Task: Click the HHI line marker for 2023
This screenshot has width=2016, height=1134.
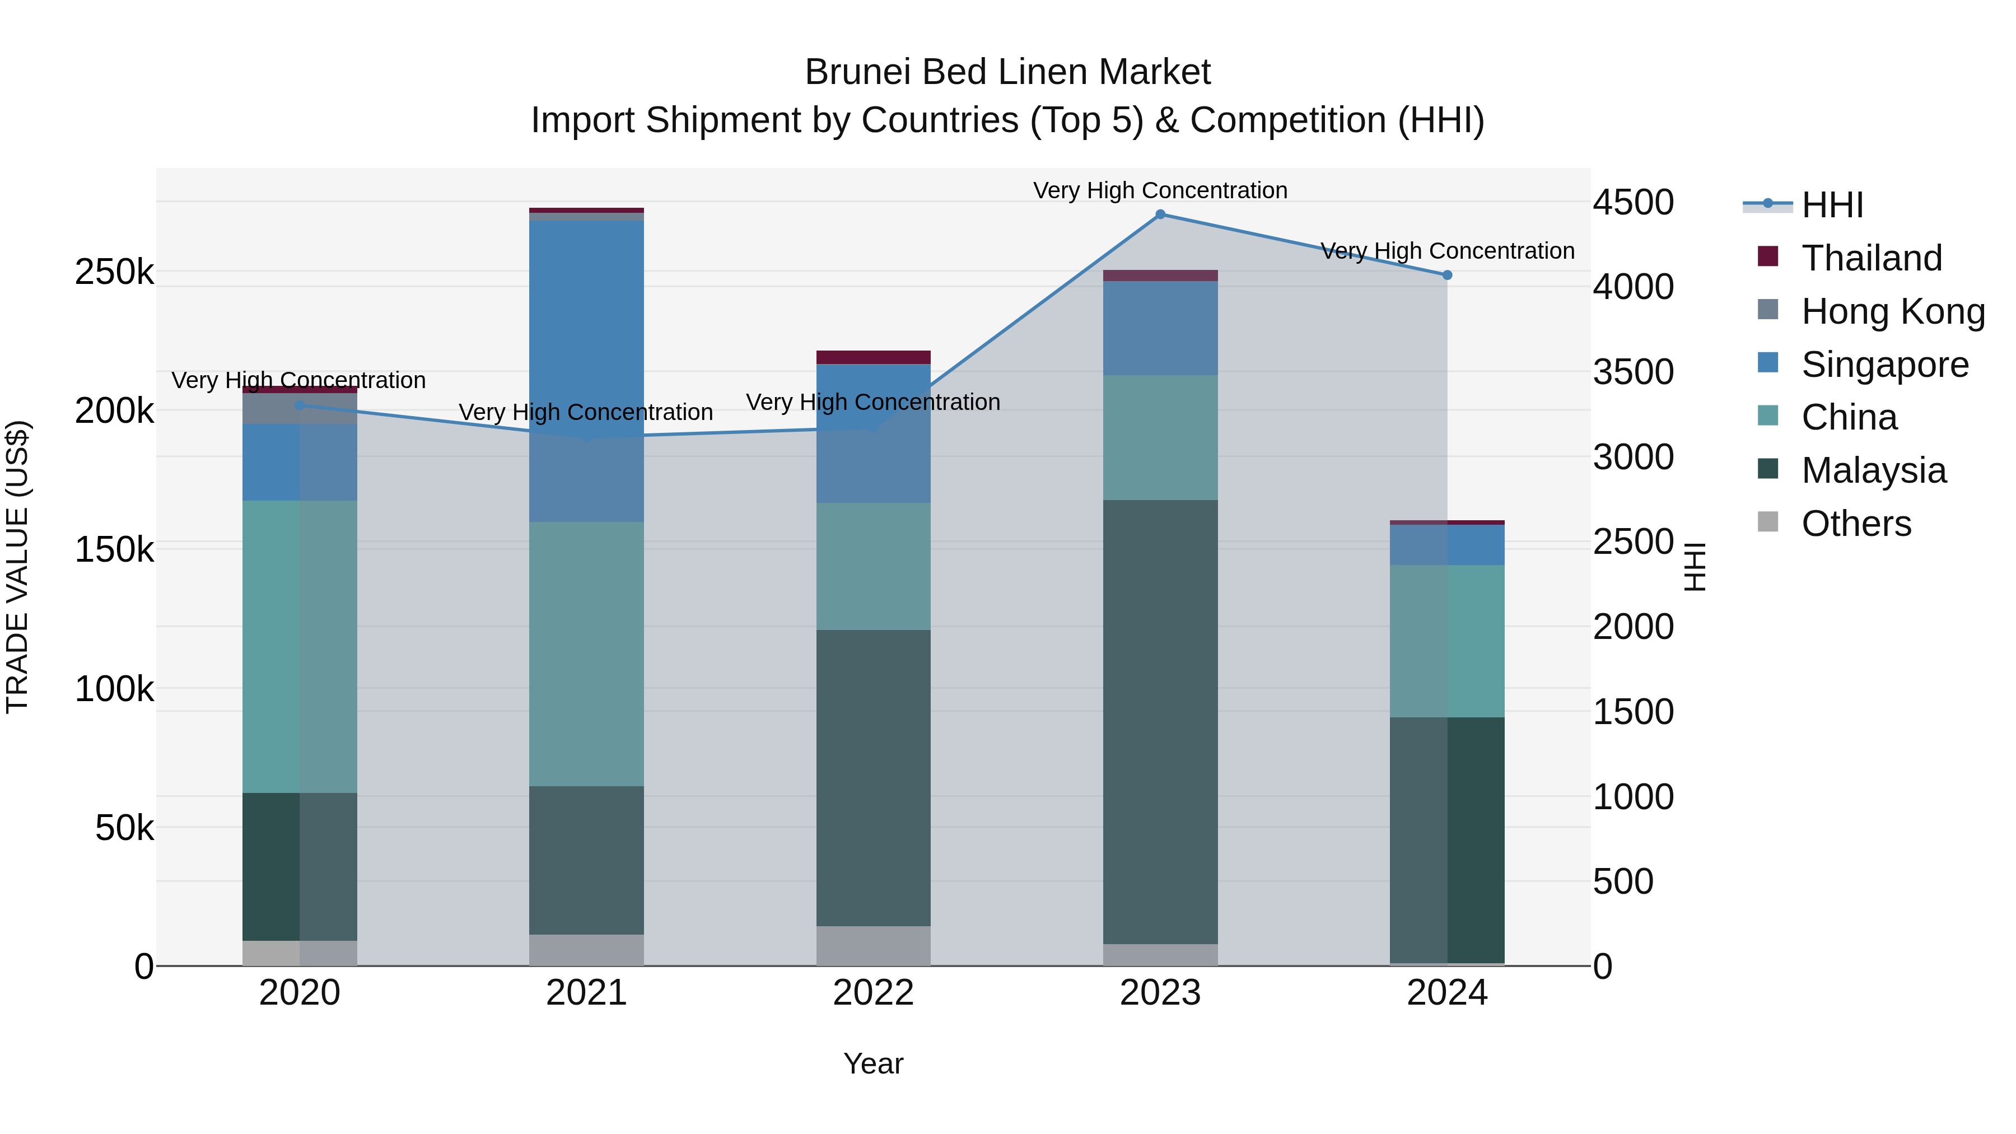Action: point(1161,214)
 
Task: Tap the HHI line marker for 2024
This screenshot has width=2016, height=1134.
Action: point(1447,275)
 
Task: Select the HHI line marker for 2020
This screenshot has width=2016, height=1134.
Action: point(300,405)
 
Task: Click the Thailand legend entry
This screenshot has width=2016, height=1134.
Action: point(1871,258)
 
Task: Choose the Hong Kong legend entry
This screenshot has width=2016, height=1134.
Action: point(1892,311)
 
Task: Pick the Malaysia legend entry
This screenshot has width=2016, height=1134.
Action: point(1873,470)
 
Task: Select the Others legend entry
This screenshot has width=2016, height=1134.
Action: point(1856,524)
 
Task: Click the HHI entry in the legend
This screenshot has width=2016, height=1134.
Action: point(1831,205)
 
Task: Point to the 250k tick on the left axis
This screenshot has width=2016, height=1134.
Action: point(114,272)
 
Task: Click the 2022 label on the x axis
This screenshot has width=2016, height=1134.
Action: point(874,993)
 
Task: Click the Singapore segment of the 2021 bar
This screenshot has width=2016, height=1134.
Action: point(586,368)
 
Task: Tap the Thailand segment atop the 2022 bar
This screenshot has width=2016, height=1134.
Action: point(874,357)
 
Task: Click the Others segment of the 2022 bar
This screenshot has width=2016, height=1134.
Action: point(874,945)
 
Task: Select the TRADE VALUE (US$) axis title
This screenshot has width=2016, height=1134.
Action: point(17,567)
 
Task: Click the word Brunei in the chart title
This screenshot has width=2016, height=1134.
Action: point(858,72)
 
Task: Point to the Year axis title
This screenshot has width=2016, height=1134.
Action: point(874,1063)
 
